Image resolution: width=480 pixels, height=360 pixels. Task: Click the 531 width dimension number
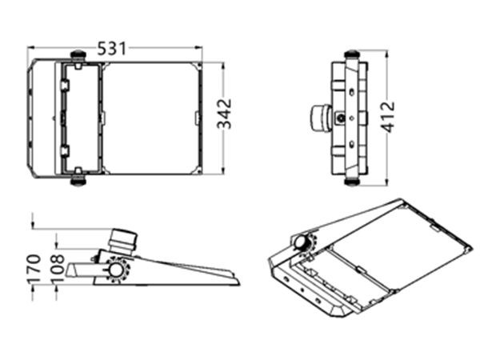113,48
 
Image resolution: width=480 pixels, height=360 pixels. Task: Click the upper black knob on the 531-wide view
78,55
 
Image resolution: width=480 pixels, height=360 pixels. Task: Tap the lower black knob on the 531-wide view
78,179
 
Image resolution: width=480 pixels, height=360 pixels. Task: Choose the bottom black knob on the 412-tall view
350,180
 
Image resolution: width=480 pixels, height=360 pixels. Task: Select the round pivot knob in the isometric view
302,242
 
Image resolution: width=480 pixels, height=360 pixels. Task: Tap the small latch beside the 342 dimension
198,118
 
